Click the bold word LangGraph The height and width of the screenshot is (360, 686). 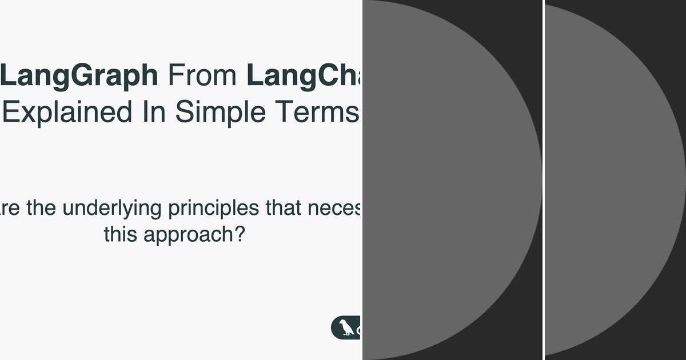tap(80, 77)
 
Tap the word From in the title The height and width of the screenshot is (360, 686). tap(202, 75)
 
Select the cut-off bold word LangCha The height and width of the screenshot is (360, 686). tap(304, 75)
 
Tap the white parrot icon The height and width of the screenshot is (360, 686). tap(346, 328)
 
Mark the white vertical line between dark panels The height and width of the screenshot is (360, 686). tap(544, 180)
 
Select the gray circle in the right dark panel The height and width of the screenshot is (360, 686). tap(615, 180)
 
